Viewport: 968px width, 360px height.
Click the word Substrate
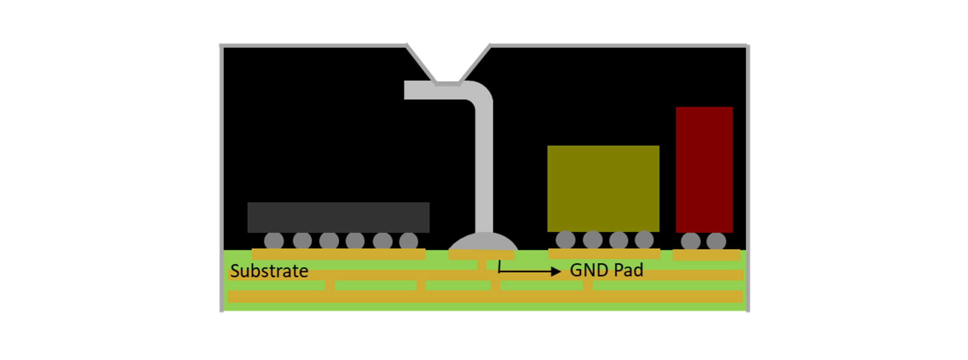(x=269, y=271)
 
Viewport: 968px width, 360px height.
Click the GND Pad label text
(x=606, y=270)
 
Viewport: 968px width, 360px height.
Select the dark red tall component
(x=704, y=170)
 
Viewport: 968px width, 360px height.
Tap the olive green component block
(x=603, y=189)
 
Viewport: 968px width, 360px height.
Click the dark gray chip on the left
(x=338, y=217)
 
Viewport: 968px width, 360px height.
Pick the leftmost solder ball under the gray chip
(x=274, y=241)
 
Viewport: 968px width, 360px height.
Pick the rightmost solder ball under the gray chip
(x=408, y=241)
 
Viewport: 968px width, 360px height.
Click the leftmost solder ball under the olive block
(x=565, y=240)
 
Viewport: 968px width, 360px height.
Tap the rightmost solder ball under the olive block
(x=644, y=240)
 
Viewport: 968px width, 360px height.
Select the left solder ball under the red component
(x=691, y=241)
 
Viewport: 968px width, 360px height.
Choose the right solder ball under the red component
(x=716, y=241)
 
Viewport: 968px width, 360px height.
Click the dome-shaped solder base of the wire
(x=483, y=242)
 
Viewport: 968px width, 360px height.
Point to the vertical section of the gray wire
(x=484, y=165)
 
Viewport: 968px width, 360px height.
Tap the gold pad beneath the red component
(x=706, y=255)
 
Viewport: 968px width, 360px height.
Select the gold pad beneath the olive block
(x=604, y=254)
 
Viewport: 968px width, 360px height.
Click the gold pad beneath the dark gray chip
(x=338, y=254)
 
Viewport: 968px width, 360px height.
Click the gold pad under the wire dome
(x=481, y=255)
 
